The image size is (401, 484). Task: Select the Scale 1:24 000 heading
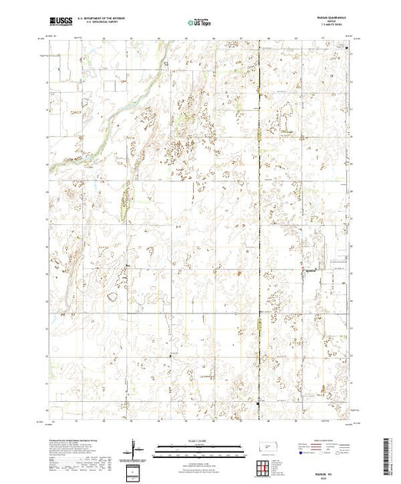click(x=197, y=441)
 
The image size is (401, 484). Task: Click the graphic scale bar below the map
click(x=197, y=447)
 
